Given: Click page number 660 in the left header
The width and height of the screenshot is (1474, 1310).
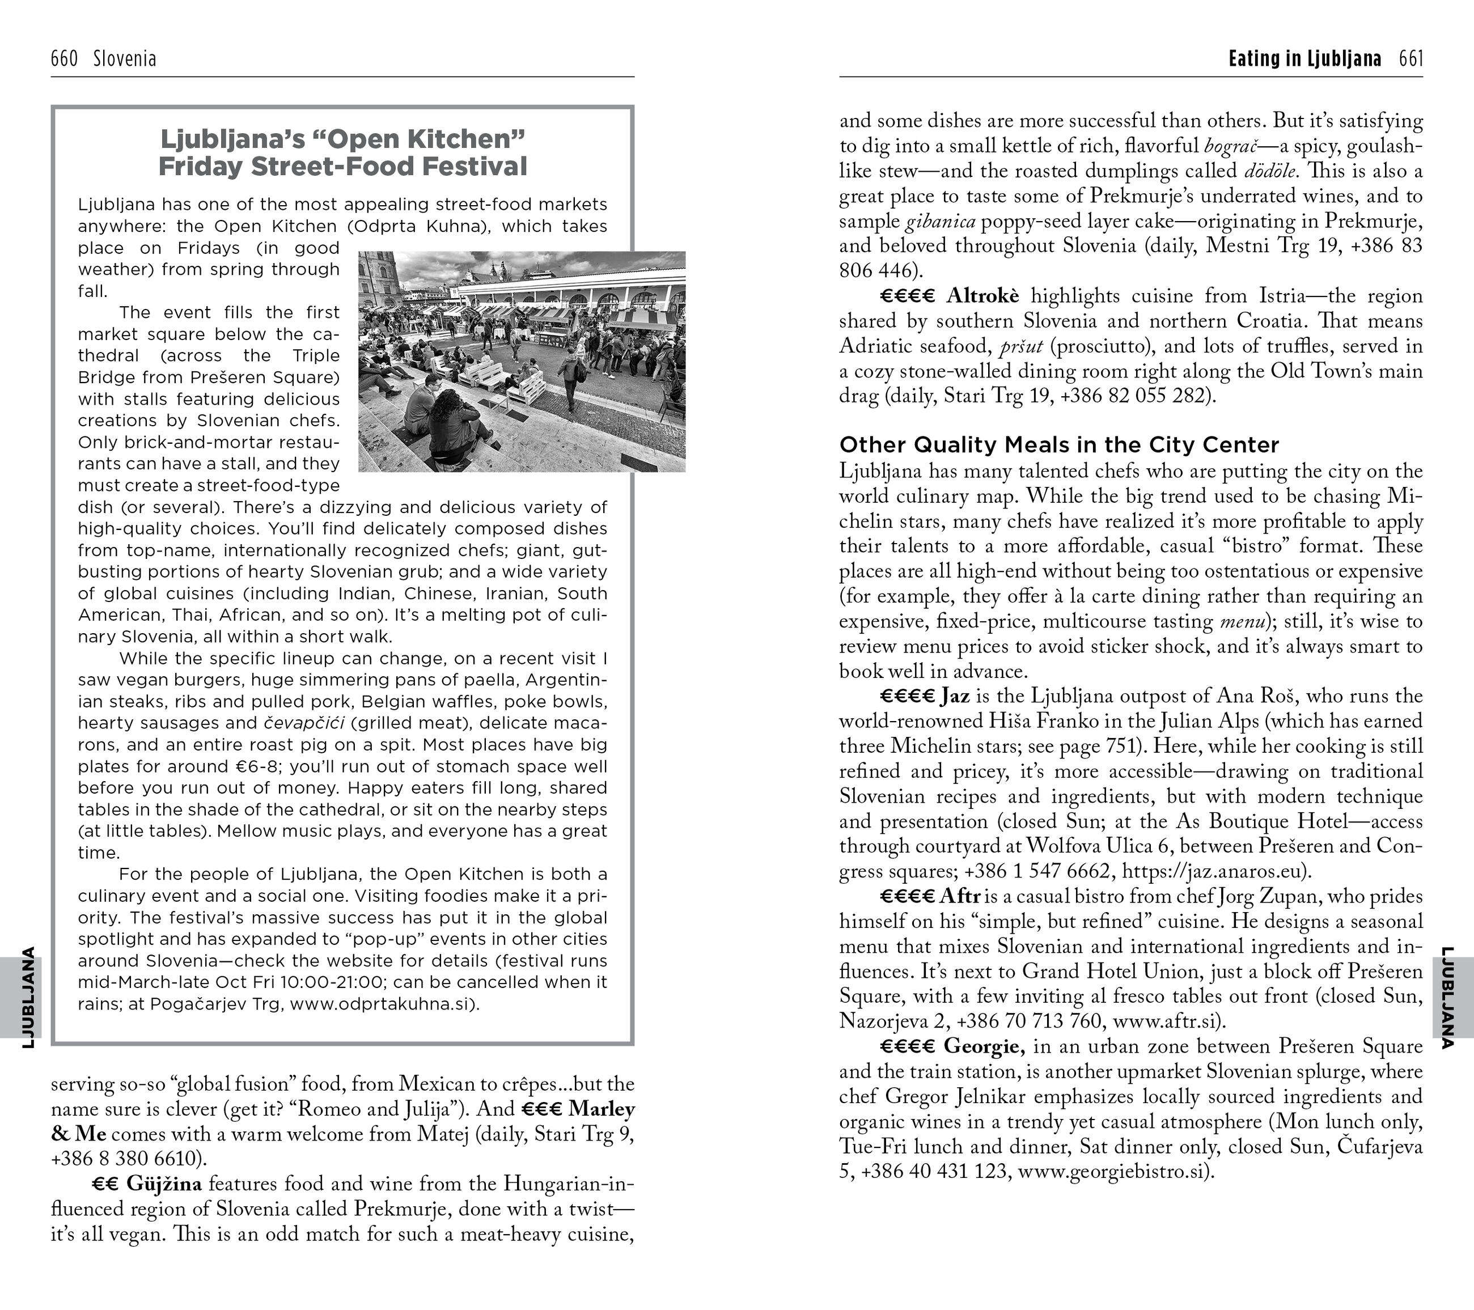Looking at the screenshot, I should point(64,58).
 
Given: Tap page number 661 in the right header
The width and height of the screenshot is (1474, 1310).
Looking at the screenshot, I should point(1411,58).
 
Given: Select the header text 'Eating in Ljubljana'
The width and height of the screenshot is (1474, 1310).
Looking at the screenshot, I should point(1304,58).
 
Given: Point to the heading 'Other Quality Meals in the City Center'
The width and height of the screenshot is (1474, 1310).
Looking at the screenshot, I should point(1058,445).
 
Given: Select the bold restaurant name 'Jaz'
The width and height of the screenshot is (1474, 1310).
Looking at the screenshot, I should point(955,697).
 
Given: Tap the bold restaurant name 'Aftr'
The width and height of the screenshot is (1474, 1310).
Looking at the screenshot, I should point(960,897).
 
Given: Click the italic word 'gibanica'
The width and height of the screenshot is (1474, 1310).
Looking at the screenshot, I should point(941,221).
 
